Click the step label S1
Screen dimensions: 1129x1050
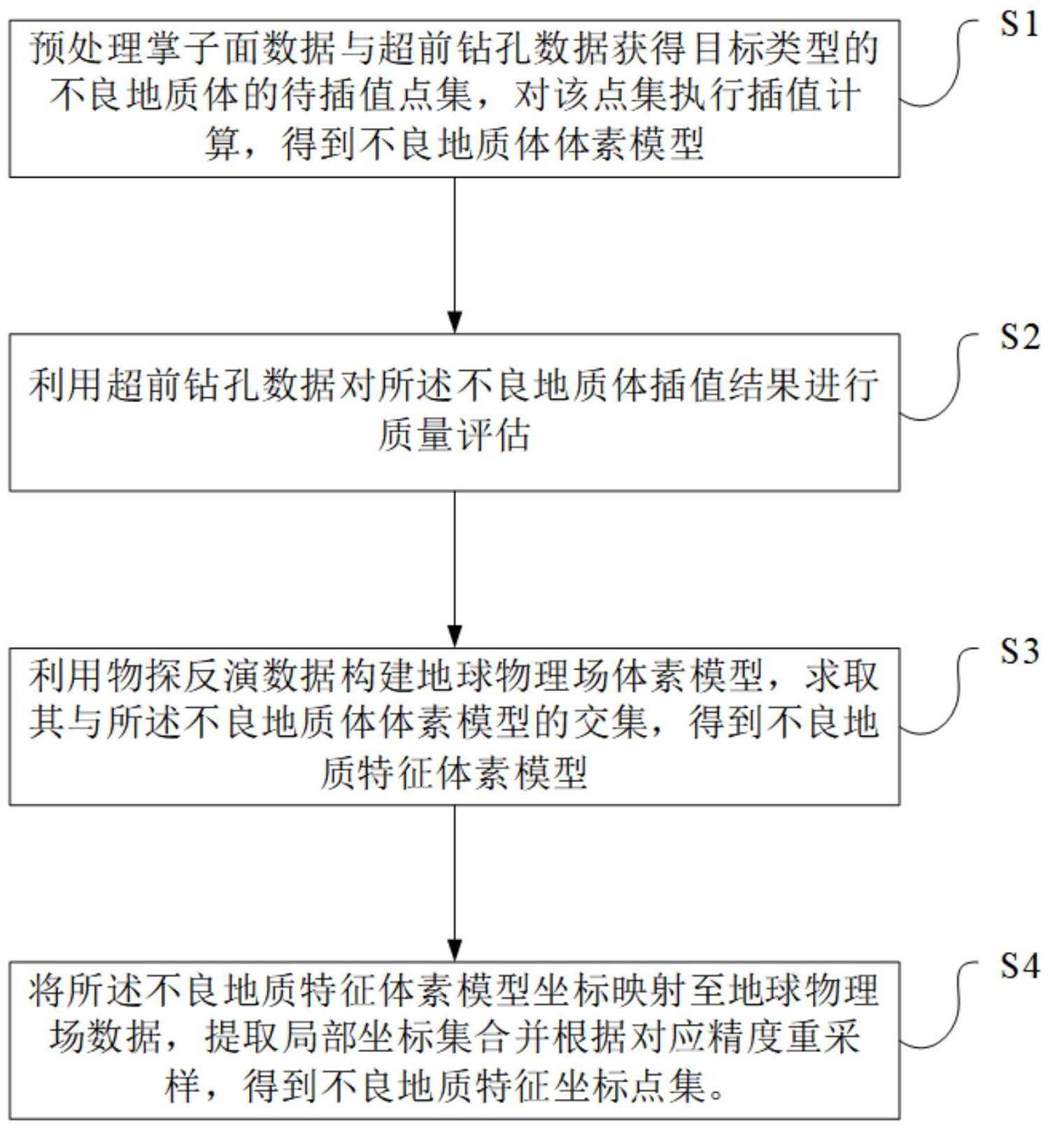[x=1019, y=25]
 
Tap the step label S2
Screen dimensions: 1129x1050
[x=1019, y=338]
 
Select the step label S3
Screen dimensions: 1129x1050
[x=1019, y=652]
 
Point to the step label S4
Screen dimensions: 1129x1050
[x=1019, y=966]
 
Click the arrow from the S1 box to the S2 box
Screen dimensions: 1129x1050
[x=455, y=255]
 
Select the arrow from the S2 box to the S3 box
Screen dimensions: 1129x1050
[x=455, y=569]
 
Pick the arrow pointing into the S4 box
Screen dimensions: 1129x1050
[x=455, y=883]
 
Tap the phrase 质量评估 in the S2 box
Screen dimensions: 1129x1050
[x=455, y=435]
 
